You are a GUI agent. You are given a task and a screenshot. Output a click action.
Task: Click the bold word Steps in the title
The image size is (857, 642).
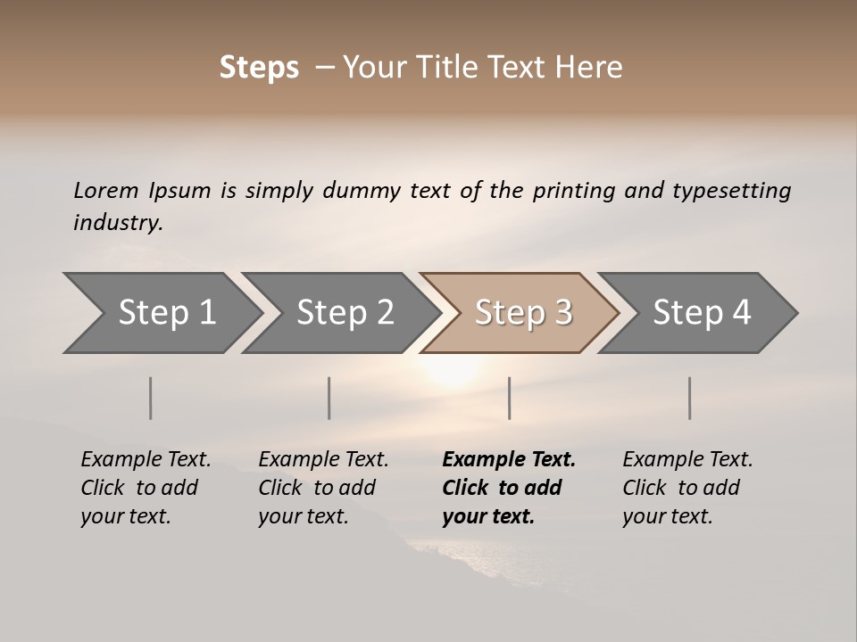click(x=259, y=68)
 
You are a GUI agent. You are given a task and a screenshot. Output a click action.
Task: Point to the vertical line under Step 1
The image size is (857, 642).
click(x=151, y=398)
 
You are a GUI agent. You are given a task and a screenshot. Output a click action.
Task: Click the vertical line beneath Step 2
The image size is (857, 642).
click(x=329, y=398)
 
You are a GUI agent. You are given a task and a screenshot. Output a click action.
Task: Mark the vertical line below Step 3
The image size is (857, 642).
click(x=509, y=398)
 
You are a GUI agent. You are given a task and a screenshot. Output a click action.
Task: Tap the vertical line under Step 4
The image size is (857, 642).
click(x=690, y=398)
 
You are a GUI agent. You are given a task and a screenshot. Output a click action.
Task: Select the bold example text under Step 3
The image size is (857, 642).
click(x=508, y=488)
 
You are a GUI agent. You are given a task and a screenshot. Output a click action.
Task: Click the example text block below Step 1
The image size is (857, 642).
click(x=146, y=488)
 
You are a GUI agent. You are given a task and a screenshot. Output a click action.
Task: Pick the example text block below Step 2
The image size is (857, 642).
click(x=323, y=488)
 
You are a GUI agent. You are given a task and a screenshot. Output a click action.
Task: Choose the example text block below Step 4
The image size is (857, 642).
click(x=687, y=488)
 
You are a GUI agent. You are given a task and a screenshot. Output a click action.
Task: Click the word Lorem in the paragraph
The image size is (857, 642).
click(x=106, y=191)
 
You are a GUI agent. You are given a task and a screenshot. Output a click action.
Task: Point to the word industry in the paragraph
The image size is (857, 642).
click(x=118, y=223)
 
